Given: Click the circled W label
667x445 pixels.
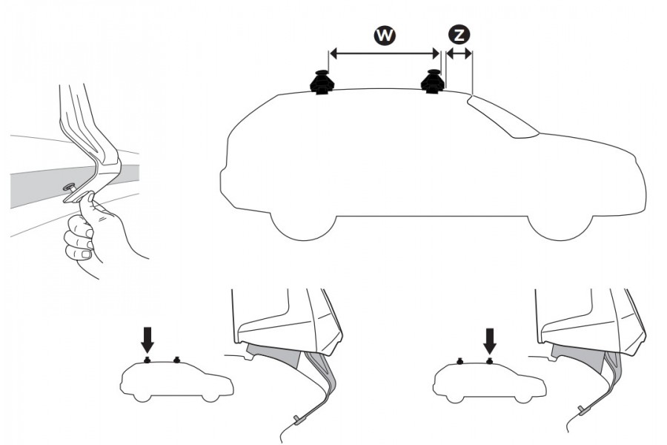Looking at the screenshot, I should (384, 34).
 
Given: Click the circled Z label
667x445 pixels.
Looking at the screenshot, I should (459, 34).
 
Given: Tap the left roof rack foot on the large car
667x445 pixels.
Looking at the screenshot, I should (322, 82).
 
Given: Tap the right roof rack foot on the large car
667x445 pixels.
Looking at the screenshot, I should (432, 82).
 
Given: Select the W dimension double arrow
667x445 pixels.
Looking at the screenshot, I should (384, 53).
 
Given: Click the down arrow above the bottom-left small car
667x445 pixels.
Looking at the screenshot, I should (147, 340).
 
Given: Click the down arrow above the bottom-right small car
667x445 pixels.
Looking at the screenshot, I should (489, 340).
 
